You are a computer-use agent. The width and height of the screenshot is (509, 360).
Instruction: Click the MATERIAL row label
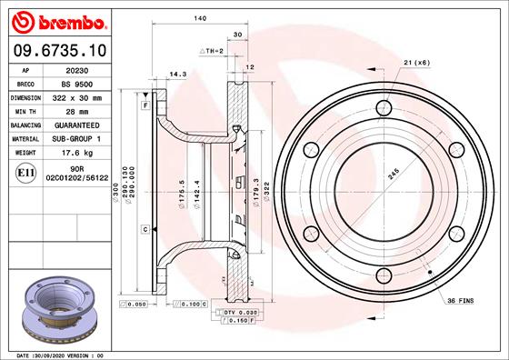25,138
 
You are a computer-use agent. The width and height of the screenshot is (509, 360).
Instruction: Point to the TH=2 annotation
212,53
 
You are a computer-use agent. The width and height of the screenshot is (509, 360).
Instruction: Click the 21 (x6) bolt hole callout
415,62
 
